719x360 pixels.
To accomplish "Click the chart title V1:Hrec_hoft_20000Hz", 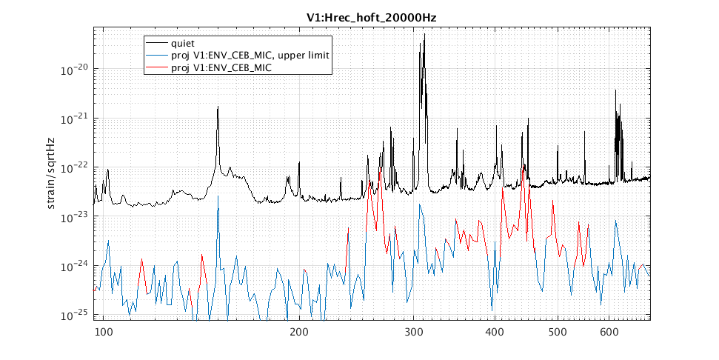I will (x=371, y=17).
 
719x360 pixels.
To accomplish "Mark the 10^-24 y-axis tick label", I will (x=76, y=266).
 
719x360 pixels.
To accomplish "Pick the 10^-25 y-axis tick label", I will (x=76, y=315).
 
